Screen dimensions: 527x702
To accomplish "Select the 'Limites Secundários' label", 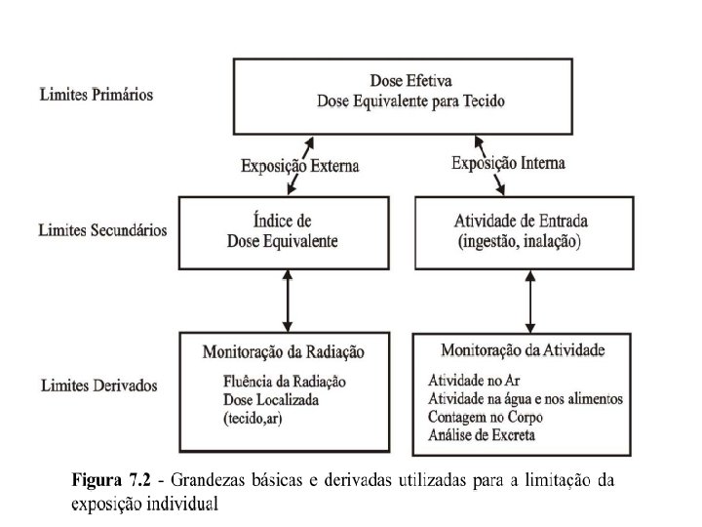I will point(102,231).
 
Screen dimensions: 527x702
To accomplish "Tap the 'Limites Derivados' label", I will point(98,387).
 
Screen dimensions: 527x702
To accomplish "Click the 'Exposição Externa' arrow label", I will point(300,165).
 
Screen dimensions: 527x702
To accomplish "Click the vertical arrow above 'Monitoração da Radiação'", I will point(285,300).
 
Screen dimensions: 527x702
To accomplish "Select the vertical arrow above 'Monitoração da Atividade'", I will point(530,300).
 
